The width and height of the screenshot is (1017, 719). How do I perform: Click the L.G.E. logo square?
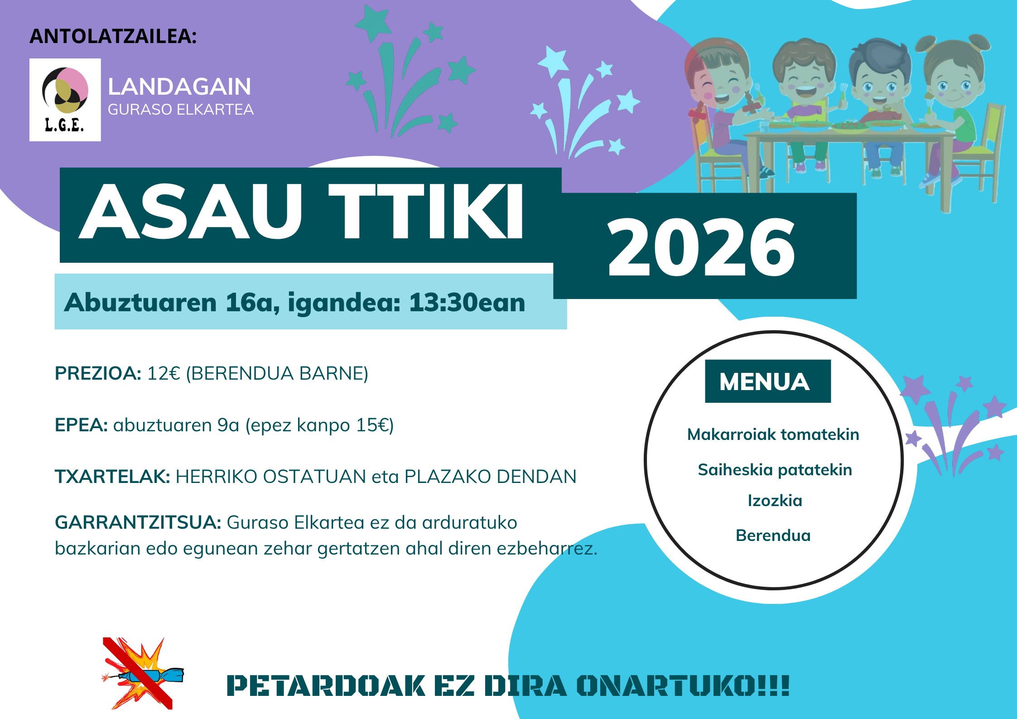(65, 100)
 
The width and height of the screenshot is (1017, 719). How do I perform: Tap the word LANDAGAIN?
(179, 87)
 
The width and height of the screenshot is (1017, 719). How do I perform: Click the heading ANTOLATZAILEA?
(113, 36)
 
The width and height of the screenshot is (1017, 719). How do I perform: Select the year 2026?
(701, 247)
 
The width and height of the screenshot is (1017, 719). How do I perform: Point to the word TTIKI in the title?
(426, 212)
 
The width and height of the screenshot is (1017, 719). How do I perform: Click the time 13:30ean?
(467, 302)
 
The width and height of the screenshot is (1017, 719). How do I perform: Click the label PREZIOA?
(98, 373)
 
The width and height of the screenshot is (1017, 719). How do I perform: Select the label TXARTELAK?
(112, 477)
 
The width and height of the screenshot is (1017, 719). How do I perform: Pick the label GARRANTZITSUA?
(138, 522)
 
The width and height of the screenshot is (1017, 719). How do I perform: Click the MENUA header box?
(768, 381)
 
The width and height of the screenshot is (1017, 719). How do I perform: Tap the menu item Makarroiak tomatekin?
(773, 434)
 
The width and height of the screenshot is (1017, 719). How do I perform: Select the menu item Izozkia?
(775, 501)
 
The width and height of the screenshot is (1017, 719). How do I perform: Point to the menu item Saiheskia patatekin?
(775, 470)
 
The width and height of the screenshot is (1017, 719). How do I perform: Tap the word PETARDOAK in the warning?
(326, 685)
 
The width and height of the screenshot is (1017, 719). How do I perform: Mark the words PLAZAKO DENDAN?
(491, 477)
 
